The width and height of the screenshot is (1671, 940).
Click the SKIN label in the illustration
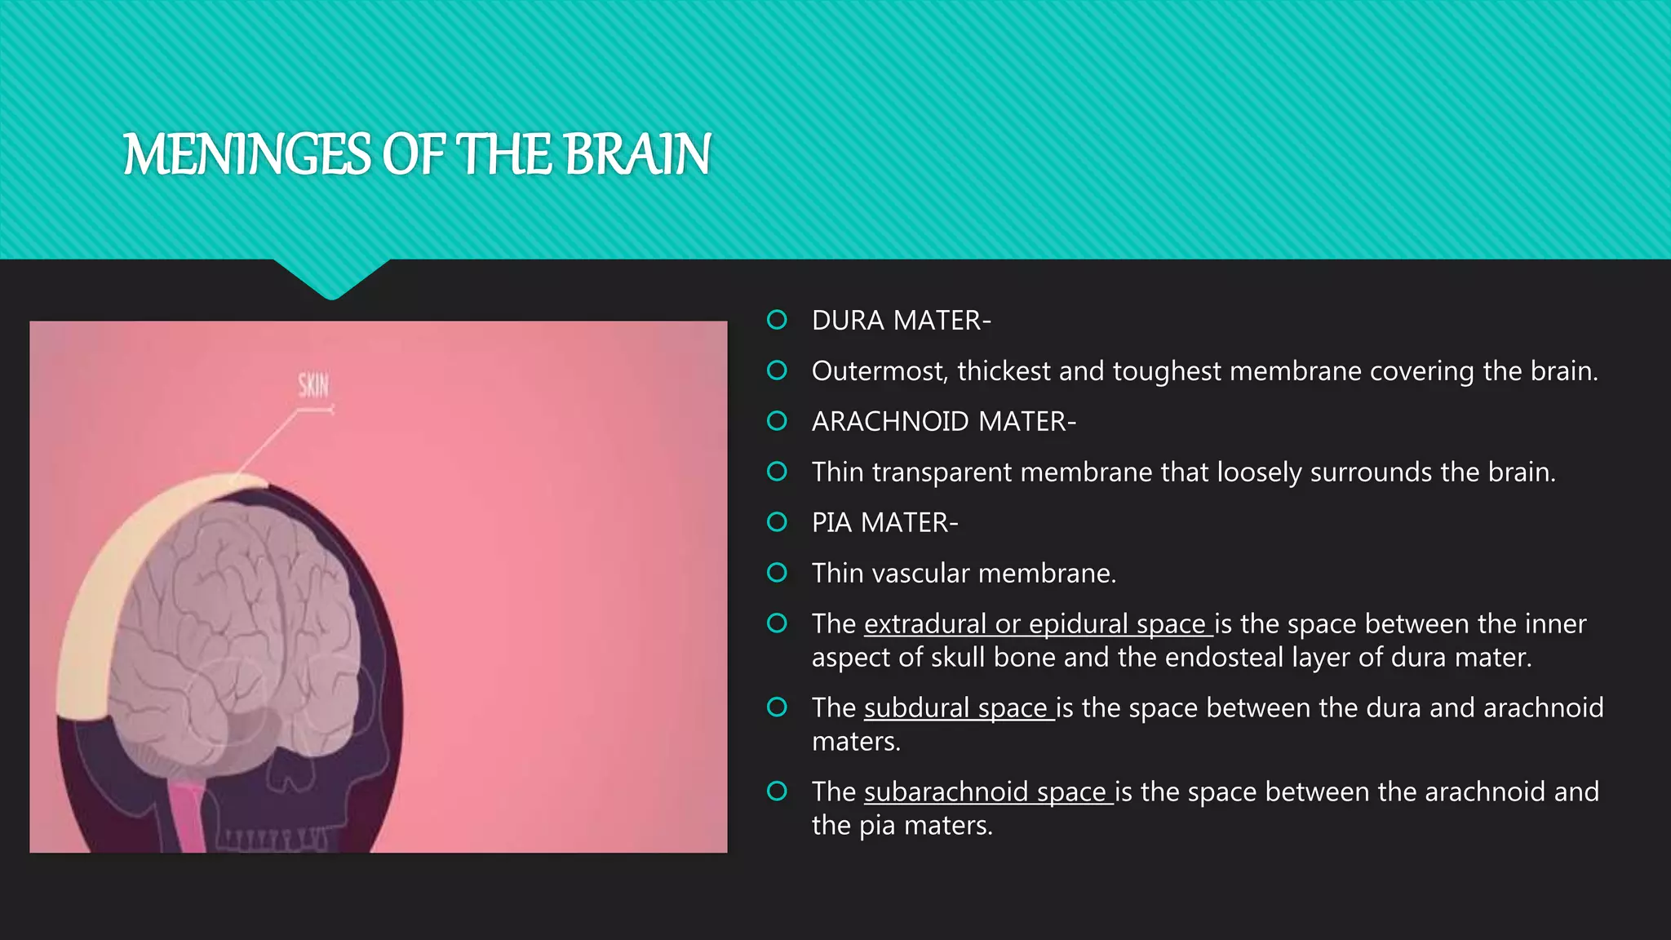pyautogui.click(x=313, y=384)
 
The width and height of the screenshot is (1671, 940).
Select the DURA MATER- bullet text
pyautogui.click(x=901, y=321)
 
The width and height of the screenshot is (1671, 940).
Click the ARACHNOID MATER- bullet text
pyautogui.click(x=943, y=422)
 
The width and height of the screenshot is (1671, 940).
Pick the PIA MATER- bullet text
pyautogui.click(x=884, y=523)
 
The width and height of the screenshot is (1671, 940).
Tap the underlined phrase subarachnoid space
pyautogui.click(x=987, y=792)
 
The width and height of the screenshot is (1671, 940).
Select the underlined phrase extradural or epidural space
pyautogui.click(x=1037, y=624)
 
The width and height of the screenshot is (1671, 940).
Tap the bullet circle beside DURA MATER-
pyautogui.click(x=777, y=320)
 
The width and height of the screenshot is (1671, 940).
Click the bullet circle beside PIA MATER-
pyautogui.click(x=777, y=522)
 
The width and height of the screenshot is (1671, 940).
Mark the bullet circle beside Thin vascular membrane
pyautogui.click(x=777, y=573)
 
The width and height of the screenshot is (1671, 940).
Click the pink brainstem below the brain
pyautogui.click(x=190, y=816)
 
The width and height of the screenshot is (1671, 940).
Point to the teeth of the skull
pyautogui.click(x=273, y=839)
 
